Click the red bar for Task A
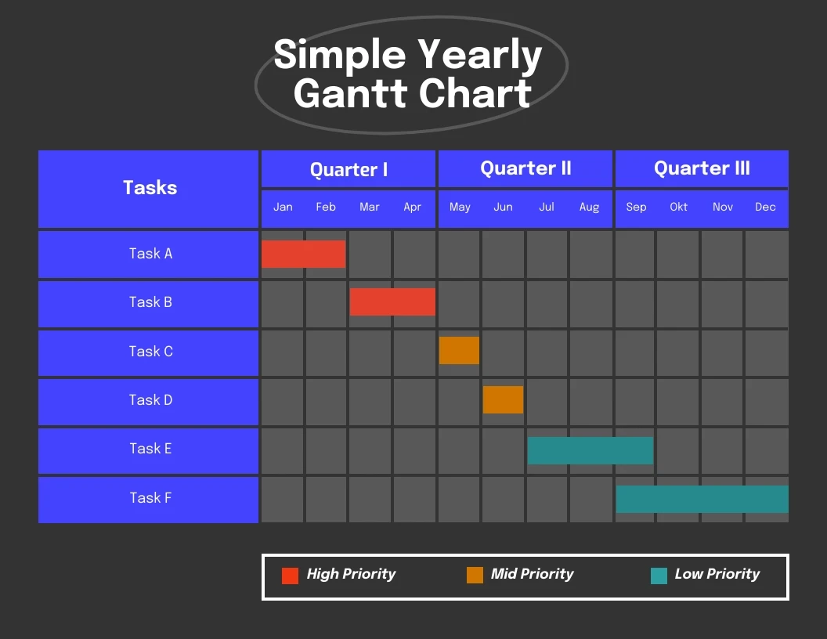pyautogui.click(x=303, y=254)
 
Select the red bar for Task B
pyautogui.click(x=392, y=301)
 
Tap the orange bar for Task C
pyautogui.click(x=459, y=350)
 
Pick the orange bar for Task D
pyautogui.click(x=503, y=399)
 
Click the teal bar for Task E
pyautogui.click(x=590, y=450)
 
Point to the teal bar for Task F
pyautogui.click(x=702, y=499)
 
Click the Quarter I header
pyautogui.click(x=348, y=169)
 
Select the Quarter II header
pyautogui.click(x=525, y=168)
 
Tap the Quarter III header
pyautogui.click(x=702, y=168)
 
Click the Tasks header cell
pyautogui.click(x=149, y=188)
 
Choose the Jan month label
pyautogui.click(x=283, y=207)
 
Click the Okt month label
pyautogui.click(x=678, y=207)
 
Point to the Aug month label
pyautogui.click(x=589, y=207)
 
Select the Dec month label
pyautogui.click(x=765, y=207)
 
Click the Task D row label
pyautogui.click(x=150, y=400)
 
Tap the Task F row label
pyautogui.click(x=150, y=497)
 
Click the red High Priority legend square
pyautogui.click(x=290, y=576)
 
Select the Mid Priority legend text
pyautogui.click(x=532, y=574)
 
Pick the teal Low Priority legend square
pyautogui.click(x=659, y=576)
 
